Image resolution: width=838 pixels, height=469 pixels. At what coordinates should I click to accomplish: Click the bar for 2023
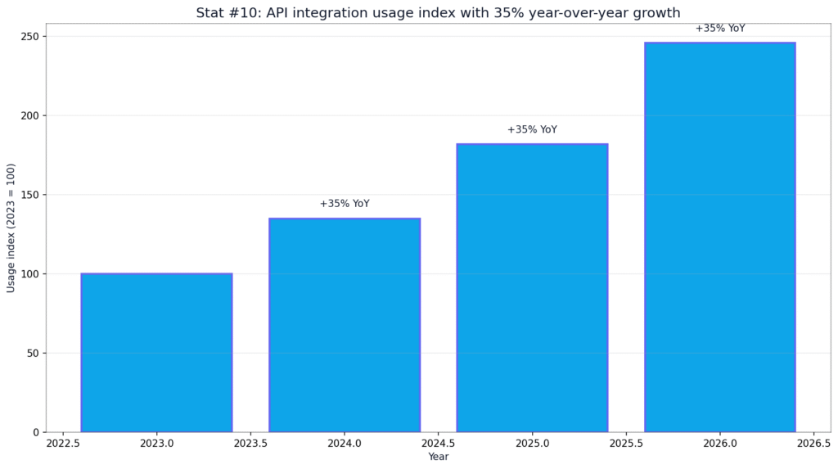click(156, 353)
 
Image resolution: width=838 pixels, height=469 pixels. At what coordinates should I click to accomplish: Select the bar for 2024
click(345, 325)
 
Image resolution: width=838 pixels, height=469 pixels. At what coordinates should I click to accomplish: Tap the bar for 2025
click(532, 288)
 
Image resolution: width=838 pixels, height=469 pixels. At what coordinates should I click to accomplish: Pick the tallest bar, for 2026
click(720, 237)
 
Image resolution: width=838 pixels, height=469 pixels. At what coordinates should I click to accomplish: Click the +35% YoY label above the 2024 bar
click(345, 204)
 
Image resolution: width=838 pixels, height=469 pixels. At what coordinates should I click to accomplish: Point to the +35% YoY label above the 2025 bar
click(532, 129)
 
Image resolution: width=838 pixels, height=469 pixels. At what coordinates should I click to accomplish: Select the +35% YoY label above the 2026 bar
click(720, 29)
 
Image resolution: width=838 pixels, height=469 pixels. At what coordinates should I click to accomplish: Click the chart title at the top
click(439, 13)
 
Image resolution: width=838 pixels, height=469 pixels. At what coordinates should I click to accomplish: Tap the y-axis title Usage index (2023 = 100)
click(11, 228)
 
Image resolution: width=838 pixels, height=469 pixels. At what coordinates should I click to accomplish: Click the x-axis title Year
click(439, 457)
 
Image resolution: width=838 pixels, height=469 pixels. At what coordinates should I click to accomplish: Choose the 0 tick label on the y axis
click(37, 432)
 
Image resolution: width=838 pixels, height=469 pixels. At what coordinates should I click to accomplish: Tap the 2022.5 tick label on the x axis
click(63, 444)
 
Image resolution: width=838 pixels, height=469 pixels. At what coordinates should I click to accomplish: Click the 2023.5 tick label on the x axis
click(250, 444)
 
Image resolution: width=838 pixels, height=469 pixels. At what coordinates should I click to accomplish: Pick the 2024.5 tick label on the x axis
click(439, 444)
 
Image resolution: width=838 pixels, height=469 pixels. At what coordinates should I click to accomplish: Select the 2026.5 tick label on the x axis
click(814, 444)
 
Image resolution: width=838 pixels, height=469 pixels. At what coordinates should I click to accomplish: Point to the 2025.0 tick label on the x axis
click(532, 444)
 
